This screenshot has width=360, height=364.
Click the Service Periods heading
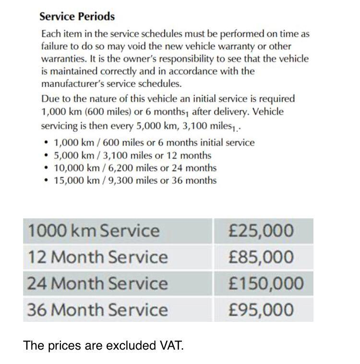point(77,16)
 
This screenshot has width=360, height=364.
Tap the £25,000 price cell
point(261,231)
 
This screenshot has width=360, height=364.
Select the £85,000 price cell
point(261,257)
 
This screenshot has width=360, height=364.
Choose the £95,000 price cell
point(261,310)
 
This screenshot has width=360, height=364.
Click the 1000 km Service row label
point(93,231)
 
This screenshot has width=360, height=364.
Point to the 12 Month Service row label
point(97,257)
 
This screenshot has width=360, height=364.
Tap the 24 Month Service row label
point(97,283)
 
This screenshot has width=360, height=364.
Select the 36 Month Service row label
point(97,310)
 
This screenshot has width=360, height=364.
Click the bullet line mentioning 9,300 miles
point(135,181)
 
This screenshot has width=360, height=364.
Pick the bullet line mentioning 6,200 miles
point(135,168)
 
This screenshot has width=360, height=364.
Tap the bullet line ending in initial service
point(154,142)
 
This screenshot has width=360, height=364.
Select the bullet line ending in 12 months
point(132,155)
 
